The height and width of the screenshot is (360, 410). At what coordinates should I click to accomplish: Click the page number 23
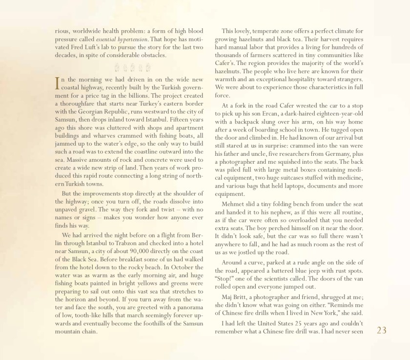click(x=382, y=331)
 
